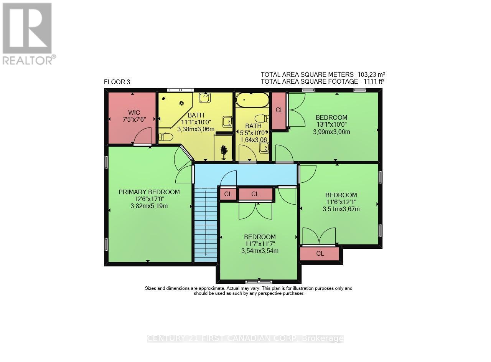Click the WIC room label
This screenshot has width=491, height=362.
coord(134,112)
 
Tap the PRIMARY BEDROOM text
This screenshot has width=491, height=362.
coord(149,192)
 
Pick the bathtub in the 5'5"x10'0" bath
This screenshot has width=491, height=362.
coord(252,101)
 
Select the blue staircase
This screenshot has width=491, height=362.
coord(206,223)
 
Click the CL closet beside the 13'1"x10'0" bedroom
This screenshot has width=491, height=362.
coord(279,110)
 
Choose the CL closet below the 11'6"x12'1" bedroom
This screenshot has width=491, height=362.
coord(320,254)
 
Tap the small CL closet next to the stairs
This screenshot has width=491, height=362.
coord(228,194)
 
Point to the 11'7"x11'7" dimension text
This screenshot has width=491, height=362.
coord(260,244)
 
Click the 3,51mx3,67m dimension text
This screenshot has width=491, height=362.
coord(341,209)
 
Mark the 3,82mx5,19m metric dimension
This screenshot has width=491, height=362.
coord(149,206)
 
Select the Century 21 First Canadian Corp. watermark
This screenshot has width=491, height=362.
coord(245,339)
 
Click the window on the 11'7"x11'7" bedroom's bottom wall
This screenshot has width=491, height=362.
coord(259,281)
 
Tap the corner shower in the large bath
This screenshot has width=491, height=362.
coord(175,107)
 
